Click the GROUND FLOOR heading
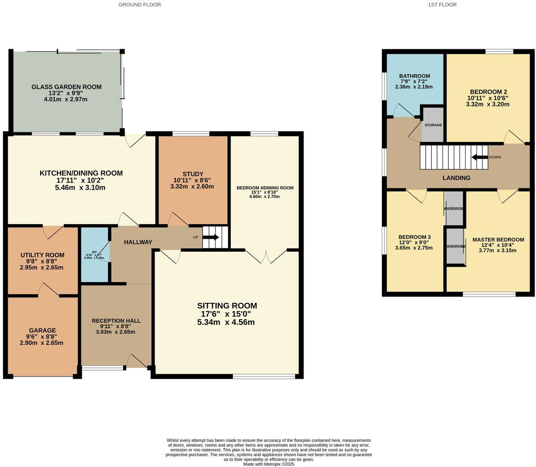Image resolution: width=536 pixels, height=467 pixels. (139, 5)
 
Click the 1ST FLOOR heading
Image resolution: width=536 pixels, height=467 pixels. (442, 5)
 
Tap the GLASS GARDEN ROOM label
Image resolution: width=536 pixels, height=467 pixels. (66, 87)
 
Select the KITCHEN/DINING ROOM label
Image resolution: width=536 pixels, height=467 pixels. (81, 173)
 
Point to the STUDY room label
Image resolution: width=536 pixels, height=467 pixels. (193, 174)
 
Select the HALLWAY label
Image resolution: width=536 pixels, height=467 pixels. (138, 242)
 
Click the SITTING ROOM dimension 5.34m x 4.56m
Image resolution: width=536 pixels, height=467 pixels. (226, 322)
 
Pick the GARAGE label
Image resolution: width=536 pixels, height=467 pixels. (42, 330)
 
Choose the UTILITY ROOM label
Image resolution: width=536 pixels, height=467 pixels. (42, 255)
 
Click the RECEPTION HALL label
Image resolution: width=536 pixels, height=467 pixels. (116, 321)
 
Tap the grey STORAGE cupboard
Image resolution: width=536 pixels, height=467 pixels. (433, 125)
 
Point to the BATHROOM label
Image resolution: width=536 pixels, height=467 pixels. (414, 76)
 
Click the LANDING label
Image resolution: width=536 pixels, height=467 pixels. (456, 178)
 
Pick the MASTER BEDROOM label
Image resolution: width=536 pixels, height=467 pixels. (498, 240)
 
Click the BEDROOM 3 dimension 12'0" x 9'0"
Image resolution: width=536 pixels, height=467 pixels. (414, 242)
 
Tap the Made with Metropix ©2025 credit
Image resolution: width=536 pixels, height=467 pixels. (268, 464)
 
